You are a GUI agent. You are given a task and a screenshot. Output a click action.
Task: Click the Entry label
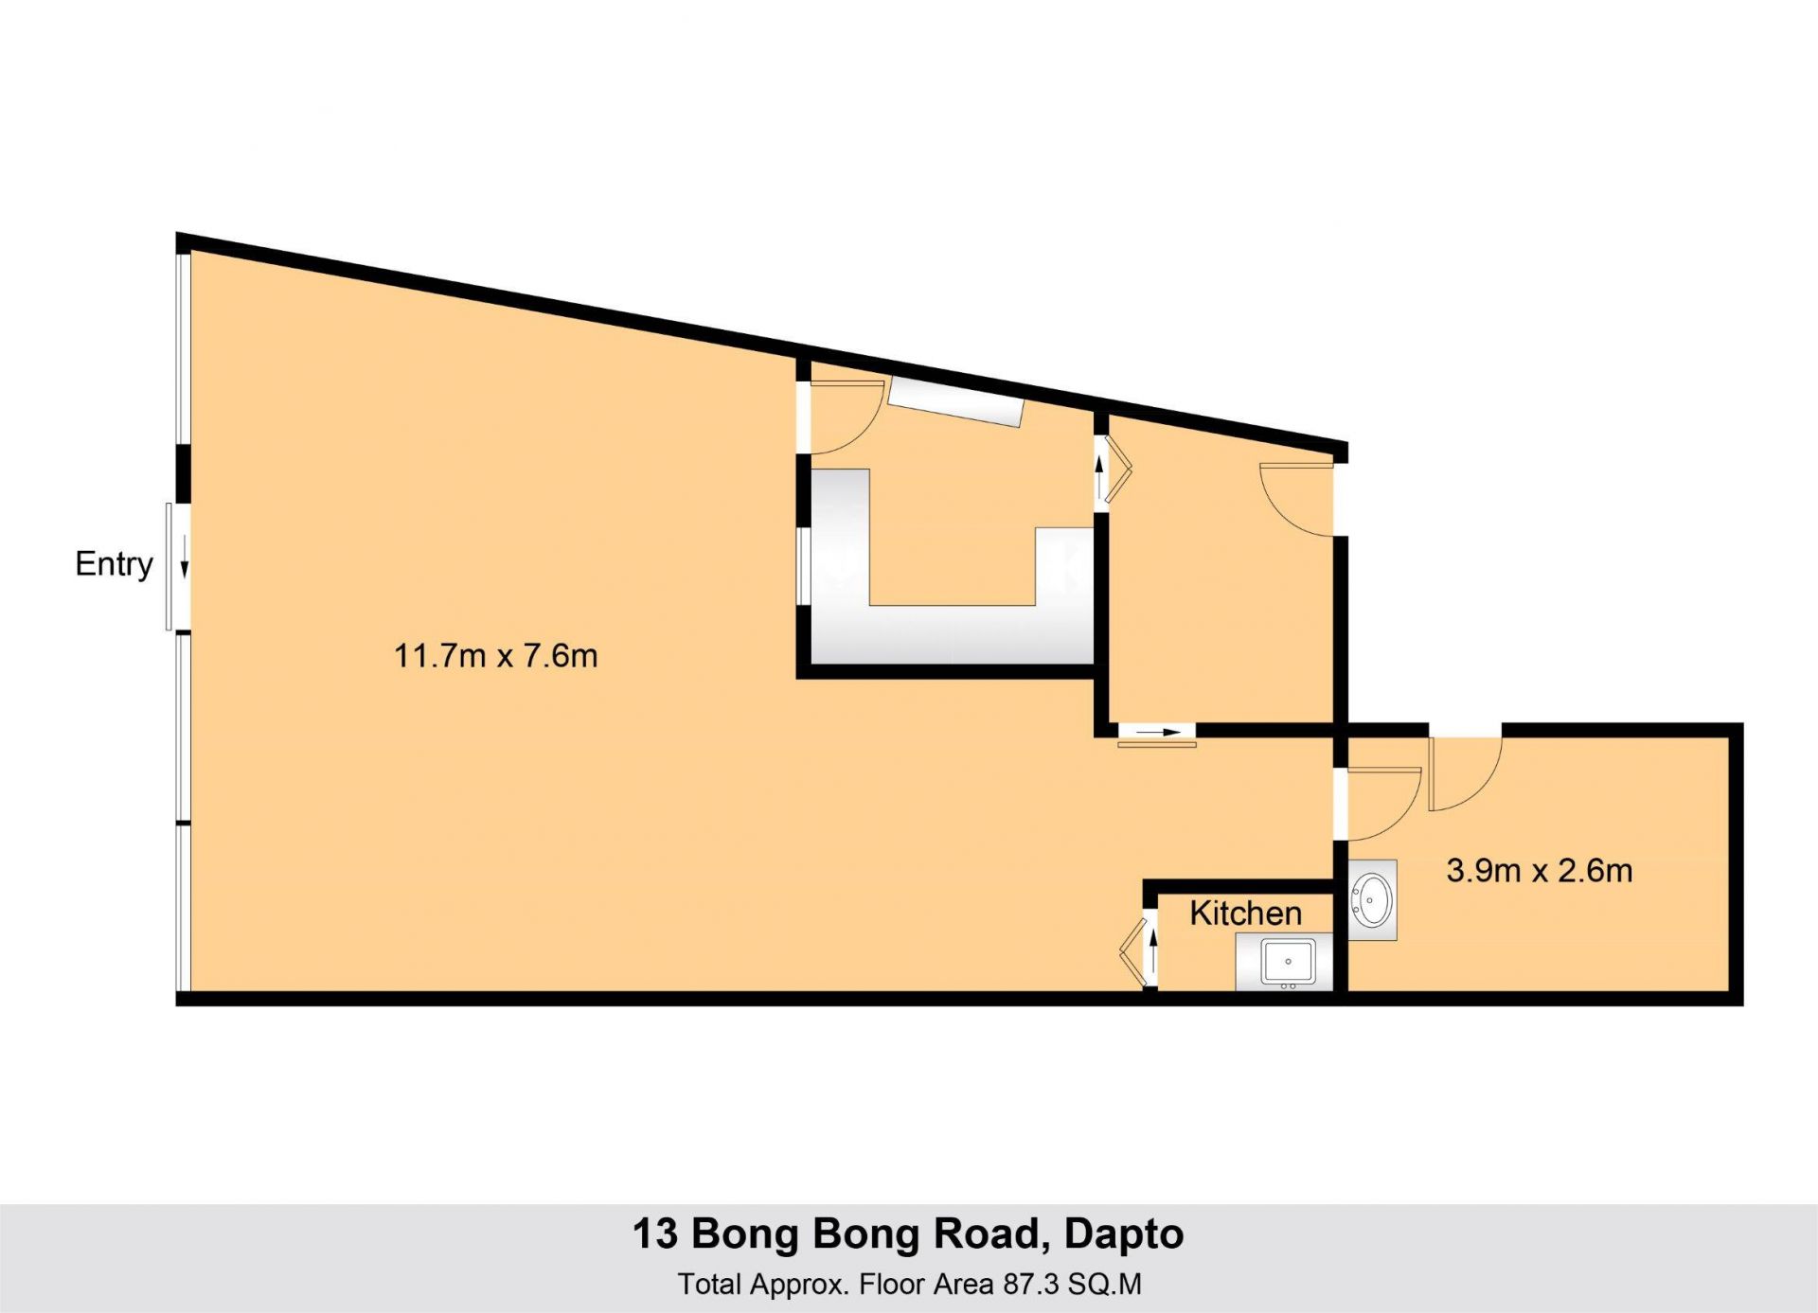(114, 564)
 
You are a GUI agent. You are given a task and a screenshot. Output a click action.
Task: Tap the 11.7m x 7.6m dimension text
(495, 655)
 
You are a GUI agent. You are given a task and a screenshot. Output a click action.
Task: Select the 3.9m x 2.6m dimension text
(1540, 870)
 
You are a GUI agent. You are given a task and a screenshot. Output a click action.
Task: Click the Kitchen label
(1245, 914)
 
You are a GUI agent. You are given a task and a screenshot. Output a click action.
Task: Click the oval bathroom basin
(1371, 900)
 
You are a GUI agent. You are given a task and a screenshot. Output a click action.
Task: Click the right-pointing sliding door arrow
(1158, 732)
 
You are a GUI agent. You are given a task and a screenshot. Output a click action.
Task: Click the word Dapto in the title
(1124, 1234)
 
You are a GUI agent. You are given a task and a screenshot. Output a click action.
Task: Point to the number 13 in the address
(655, 1234)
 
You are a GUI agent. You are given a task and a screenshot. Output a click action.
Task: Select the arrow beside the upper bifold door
(1099, 477)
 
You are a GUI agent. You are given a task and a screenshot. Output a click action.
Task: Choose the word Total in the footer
(708, 1285)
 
